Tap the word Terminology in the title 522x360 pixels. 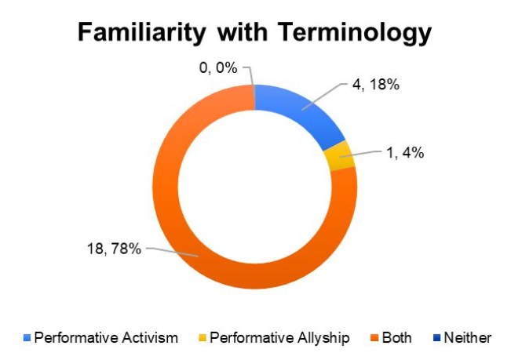[x=355, y=33]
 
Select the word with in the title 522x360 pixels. [x=242, y=32]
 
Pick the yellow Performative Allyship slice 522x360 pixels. [x=339, y=156]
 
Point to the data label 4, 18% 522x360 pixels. [x=376, y=85]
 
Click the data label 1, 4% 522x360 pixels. [x=405, y=153]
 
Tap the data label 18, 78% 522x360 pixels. [x=114, y=249]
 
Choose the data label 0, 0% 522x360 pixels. [x=218, y=68]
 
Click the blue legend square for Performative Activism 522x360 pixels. [x=27, y=338]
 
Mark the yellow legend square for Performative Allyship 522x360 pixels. [x=203, y=338]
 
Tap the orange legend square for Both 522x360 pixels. [x=375, y=338]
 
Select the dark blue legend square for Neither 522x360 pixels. [x=436, y=338]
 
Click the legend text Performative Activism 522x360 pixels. [x=106, y=338]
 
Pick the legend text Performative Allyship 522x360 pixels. [x=279, y=338]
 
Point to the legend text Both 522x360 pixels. [x=397, y=338]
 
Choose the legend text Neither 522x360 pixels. [x=467, y=338]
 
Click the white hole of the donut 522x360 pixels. [x=255, y=187]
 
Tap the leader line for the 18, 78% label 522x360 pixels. [x=172, y=252]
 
